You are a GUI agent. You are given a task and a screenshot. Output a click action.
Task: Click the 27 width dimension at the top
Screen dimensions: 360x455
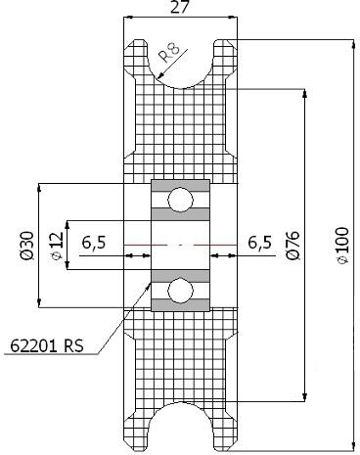180,7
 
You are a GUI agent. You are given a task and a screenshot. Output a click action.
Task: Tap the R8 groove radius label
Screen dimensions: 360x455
169,52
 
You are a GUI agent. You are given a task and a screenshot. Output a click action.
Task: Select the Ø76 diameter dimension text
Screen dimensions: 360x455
292,245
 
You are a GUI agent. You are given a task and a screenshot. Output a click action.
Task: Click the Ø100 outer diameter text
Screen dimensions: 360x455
342,245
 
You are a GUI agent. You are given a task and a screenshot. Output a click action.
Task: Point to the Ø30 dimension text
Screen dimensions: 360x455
26,246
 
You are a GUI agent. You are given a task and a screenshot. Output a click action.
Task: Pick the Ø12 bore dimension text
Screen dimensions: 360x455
57,246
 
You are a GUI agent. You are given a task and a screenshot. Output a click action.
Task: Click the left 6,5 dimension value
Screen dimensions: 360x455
94,243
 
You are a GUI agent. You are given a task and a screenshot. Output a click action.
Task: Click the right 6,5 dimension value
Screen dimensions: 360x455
259,243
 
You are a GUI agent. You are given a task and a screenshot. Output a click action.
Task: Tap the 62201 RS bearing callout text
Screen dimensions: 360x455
47,345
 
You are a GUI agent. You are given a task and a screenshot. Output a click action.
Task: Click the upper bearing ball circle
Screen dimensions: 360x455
180,201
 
